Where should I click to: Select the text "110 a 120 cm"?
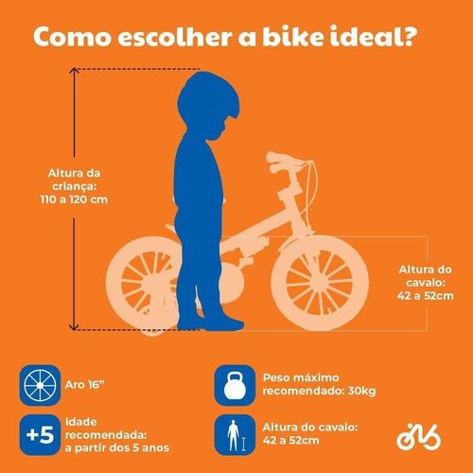(x=74, y=200)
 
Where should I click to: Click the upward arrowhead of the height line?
(x=74, y=71)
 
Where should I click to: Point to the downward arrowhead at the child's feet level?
(x=74, y=326)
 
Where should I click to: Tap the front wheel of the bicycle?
(x=320, y=283)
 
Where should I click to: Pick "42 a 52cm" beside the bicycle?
(x=425, y=296)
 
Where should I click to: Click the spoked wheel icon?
(x=40, y=385)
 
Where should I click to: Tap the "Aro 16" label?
(x=84, y=385)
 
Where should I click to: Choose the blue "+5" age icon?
(x=40, y=435)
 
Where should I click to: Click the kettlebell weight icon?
(x=235, y=385)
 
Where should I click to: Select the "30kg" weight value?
(x=361, y=391)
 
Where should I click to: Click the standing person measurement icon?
(x=235, y=435)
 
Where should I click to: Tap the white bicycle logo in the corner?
(x=419, y=436)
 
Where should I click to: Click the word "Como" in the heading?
(x=72, y=37)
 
